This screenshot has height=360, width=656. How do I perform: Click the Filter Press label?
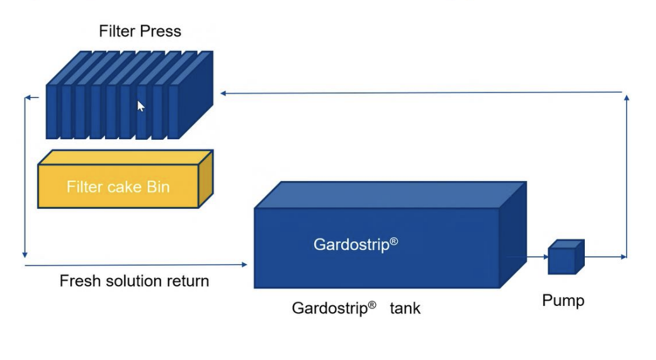point(140,31)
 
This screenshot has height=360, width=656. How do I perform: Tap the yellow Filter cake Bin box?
point(125,179)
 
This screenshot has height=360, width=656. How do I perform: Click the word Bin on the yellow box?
point(158,186)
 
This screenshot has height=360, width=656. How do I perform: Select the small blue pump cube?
point(566,257)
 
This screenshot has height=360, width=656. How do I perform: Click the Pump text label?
point(563,301)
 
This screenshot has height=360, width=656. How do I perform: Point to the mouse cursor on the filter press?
point(141,106)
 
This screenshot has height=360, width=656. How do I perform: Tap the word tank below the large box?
point(405,308)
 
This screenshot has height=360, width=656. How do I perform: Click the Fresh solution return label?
point(134,281)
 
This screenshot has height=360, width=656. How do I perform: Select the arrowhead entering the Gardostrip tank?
point(244,264)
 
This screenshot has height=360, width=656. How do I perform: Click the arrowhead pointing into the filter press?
point(223,93)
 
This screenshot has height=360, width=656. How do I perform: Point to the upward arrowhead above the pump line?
point(626,98)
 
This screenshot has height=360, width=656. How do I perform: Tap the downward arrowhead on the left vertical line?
point(25,254)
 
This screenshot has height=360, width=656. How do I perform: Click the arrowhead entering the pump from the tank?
point(546,257)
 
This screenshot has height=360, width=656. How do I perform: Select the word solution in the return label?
point(133,281)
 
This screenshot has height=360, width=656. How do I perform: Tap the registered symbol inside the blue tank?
point(393,241)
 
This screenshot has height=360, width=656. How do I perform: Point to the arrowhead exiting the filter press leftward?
point(28,98)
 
